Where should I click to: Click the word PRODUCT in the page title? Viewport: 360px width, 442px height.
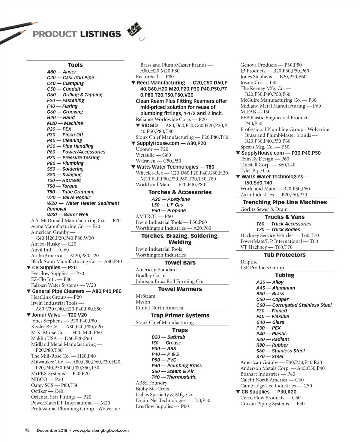pyautogui.click(x=54, y=34)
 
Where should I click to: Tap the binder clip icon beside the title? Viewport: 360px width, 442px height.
pyautogui.click(x=135, y=31)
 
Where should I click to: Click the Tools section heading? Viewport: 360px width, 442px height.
pyautogui.click(x=75, y=65)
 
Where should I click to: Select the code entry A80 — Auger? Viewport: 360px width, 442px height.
pyautogui.click(x=61, y=72)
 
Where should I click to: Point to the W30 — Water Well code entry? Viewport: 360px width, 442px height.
pyautogui.click(x=67, y=215)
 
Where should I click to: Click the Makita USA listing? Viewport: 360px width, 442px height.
pyautogui.click(x=61, y=338)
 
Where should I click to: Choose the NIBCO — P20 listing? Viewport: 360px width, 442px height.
pyautogui.click(x=47, y=379)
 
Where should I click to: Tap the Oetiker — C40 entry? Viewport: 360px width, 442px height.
pyautogui.click(x=47, y=391)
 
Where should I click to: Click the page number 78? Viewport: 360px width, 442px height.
pyautogui.click(x=27, y=430)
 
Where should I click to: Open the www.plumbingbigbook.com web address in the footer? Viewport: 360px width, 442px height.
pyautogui.click(x=100, y=430)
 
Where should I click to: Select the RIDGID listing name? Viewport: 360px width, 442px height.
pyautogui.click(x=149, y=125)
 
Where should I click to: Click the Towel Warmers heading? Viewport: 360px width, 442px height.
pyautogui.click(x=180, y=289)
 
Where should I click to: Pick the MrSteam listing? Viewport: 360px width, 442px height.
pyautogui.click(x=145, y=296)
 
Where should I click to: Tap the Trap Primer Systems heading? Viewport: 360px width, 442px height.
pyautogui.click(x=180, y=316)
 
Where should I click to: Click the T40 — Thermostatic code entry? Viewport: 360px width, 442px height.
pyautogui.click(x=174, y=377)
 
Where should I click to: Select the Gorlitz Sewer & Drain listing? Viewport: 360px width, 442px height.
pyautogui.click(x=264, y=209)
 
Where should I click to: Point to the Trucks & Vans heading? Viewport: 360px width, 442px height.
pyautogui.click(x=285, y=217)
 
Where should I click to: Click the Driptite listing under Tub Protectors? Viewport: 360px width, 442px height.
pyautogui.click(x=249, y=262)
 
